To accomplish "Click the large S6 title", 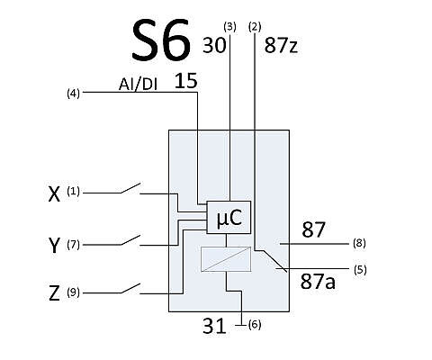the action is coord(161,40).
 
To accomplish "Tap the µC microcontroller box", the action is coord(229,217).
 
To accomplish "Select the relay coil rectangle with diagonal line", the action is coord(226,259).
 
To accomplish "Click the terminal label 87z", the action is coord(281,46).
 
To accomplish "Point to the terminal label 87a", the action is coord(318,282).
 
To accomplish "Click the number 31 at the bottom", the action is coord(214,327).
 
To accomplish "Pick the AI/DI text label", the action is coord(138,85).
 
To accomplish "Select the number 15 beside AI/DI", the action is coord(186,81).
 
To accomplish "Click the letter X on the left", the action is coord(54,194).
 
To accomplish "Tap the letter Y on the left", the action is coord(54,246).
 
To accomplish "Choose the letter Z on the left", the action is coord(54,293).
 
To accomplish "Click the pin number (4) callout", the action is coord(73,94).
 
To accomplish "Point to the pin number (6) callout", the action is coord(255,324).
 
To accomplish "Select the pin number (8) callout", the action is coord(359,243).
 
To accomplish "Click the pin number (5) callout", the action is coord(360,270).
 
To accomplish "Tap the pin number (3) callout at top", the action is coord(229,27).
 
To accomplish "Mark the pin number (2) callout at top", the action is coord(255,27).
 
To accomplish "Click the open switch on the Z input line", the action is coord(130,288).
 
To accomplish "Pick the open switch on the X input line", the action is coord(130,188).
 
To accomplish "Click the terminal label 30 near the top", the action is coord(214,46).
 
